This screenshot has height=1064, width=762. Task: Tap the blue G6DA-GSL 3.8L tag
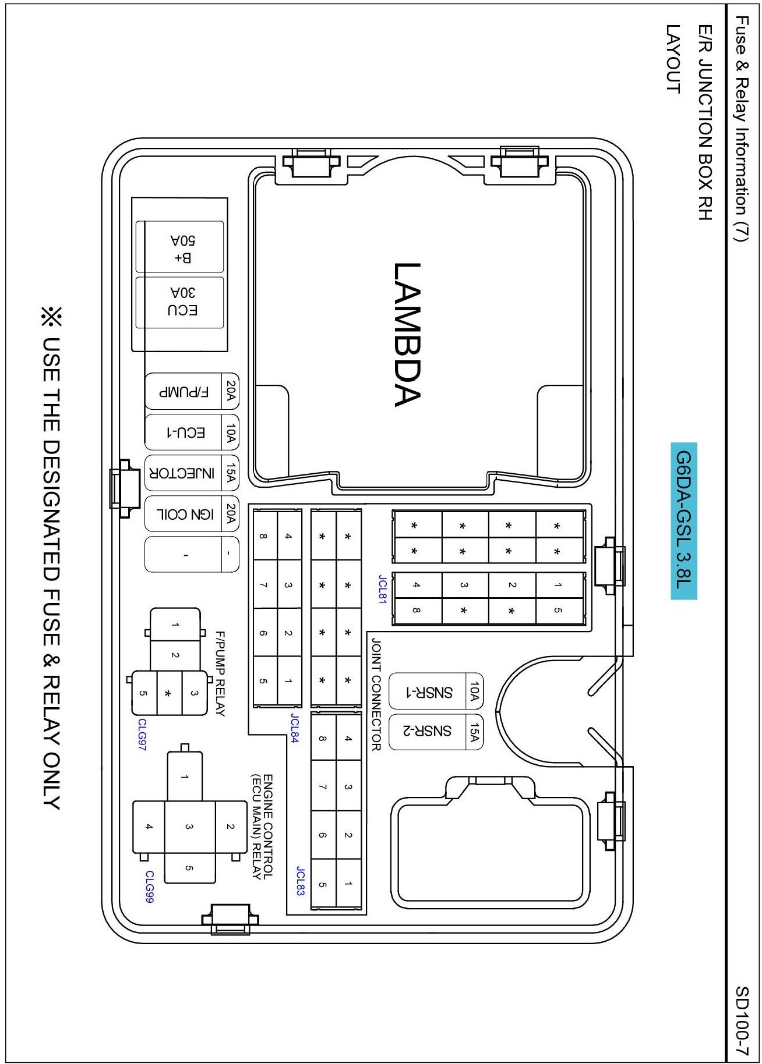tap(684, 521)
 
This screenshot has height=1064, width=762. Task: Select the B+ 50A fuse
tap(180, 247)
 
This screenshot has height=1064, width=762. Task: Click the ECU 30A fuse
tap(180, 302)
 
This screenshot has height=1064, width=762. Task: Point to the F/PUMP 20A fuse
tap(192, 391)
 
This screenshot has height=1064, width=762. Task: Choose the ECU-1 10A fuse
tap(192, 432)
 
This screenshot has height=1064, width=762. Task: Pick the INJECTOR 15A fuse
tap(192, 473)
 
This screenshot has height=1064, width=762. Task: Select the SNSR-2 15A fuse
tap(436, 732)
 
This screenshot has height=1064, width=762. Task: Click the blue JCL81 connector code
tap(382, 590)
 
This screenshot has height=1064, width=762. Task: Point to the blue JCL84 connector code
tap(295, 728)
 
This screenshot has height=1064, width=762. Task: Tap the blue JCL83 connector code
tap(301, 881)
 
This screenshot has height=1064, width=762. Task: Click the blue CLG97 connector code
tap(142, 735)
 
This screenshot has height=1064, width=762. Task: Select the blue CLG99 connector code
tap(150, 887)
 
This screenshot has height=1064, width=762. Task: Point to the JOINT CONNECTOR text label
tap(376, 694)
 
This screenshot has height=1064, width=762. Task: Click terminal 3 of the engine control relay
tap(190, 826)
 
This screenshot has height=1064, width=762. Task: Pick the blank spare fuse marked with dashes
tap(192, 554)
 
